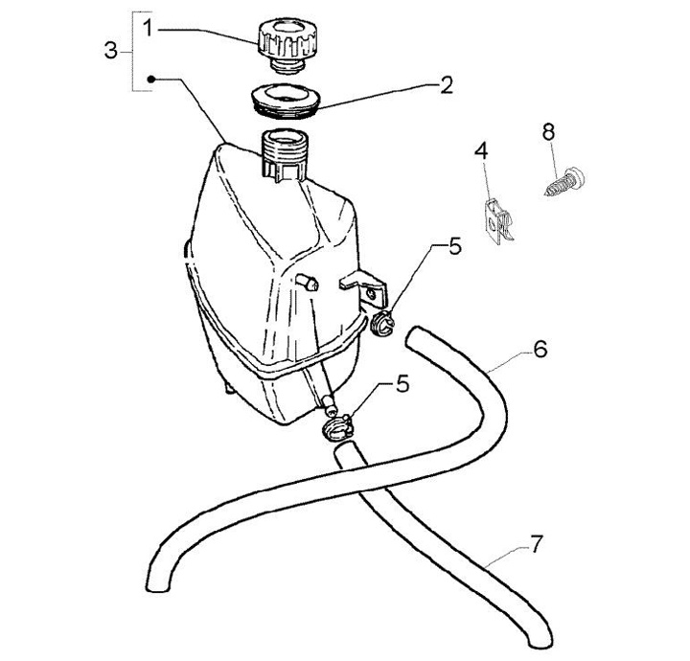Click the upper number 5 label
coord(454,247)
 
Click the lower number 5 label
coord(402,384)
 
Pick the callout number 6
coord(540,350)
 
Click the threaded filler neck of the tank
coord(285,151)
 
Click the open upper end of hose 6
coord(414,337)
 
